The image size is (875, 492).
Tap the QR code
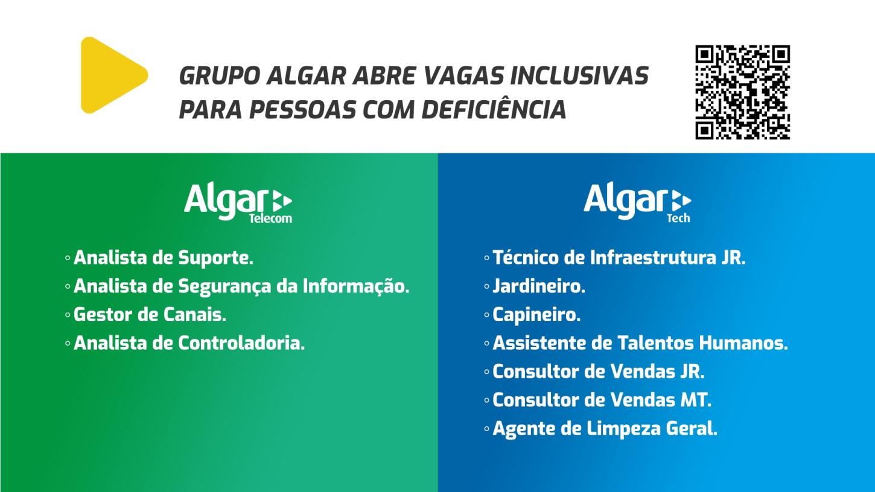[x=742, y=92]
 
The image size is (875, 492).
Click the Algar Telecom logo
[x=238, y=203]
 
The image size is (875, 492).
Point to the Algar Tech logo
[x=637, y=203]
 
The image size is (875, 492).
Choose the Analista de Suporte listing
[x=163, y=258]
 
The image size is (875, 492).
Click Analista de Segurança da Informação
[x=241, y=287]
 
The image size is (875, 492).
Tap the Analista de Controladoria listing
[x=189, y=343]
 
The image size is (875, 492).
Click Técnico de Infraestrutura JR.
[x=619, y=258]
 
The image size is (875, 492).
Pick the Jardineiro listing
[x=539, y=287]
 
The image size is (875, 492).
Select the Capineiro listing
[x=536, y=315]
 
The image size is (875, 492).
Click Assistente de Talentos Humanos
[x=640, y=343]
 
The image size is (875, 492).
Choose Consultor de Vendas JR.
[x=599, y=372]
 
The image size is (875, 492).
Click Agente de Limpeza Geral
[x=605, y=429]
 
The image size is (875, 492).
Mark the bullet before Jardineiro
[x=486, y=287]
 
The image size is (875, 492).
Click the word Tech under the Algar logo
[x=678, y=219]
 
